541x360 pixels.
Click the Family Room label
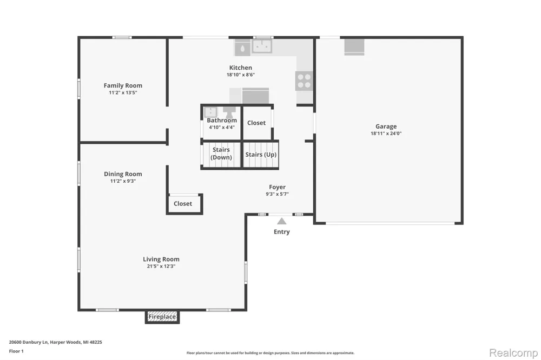pos(123,85)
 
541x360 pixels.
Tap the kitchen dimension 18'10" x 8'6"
pos(241,75)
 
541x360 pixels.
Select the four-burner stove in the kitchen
pos(304,81)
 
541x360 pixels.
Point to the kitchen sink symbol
pos(262,46)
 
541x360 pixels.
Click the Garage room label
pos(386,126)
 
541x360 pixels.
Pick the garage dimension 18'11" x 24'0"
pos(386,134)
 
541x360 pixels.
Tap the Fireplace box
pos(162,317)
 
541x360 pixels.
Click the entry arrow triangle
pos(281,221)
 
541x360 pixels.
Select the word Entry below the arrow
pos(281,232)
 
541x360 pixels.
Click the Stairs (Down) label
pos(221,154)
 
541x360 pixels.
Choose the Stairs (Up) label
pos(261,155)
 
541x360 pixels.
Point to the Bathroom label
pos(222,121)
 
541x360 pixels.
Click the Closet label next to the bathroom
pos(256,123)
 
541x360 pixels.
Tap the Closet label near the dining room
pos(183,204)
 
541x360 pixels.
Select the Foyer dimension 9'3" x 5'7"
pos(277,194)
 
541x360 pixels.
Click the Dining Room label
pos(123,174)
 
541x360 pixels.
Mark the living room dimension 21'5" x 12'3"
pos(161,266)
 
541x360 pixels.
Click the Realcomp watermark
pos(513,353)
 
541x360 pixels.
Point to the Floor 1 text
pos(16,351)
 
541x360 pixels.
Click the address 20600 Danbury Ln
pos(28,342)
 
